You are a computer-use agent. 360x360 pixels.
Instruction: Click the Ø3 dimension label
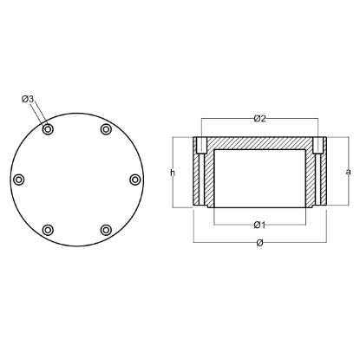coord(28,100)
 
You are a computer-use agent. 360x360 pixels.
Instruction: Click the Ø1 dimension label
coord(259,225)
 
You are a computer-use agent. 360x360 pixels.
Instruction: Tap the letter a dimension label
coord(348,172)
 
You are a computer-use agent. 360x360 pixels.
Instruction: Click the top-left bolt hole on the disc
coord(48,129)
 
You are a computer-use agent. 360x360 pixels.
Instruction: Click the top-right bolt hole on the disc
coord(106,129)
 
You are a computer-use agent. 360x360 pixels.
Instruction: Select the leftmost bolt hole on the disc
coord(19,180)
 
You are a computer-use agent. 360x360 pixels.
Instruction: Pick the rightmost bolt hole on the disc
coord(134,180)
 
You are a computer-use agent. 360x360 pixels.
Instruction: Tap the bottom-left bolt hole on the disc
coord(48,230)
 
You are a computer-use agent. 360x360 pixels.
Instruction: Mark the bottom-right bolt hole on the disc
coord(106,230)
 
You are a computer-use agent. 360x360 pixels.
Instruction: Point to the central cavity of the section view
coord(259,178)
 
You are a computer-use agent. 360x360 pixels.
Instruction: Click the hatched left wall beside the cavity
coord(209,178)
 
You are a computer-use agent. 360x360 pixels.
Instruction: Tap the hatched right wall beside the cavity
coord(310,178)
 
